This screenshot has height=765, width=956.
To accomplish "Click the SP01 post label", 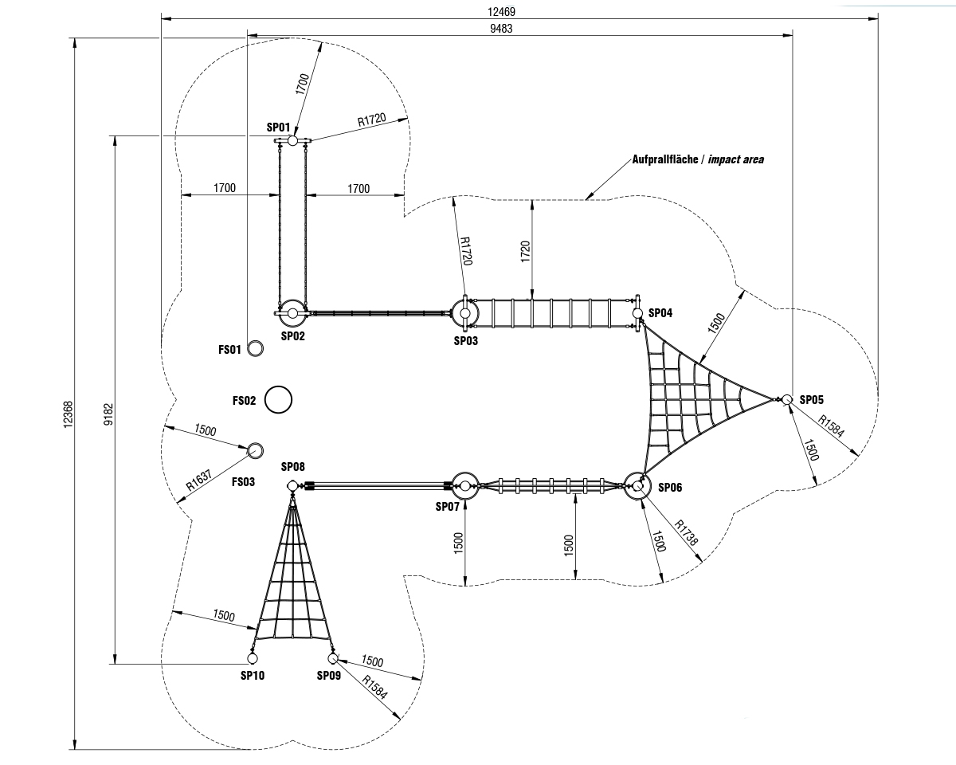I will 278,127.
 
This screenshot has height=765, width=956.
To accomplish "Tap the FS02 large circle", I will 278,399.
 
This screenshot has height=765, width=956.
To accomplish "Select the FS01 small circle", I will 256,349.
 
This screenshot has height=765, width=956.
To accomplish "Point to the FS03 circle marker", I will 255,451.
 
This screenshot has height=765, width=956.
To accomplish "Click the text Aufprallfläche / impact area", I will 697,159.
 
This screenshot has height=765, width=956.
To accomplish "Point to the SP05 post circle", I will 786,399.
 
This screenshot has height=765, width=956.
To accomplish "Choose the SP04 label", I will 660,313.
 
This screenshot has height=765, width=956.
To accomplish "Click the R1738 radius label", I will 687,533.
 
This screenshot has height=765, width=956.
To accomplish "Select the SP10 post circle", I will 252,659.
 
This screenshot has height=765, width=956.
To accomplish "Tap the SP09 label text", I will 328,676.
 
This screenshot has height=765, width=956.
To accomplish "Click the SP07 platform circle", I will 464,485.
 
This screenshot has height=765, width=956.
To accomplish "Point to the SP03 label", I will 466,340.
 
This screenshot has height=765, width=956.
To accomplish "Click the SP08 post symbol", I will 292,486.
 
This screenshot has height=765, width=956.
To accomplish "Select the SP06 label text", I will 671,487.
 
